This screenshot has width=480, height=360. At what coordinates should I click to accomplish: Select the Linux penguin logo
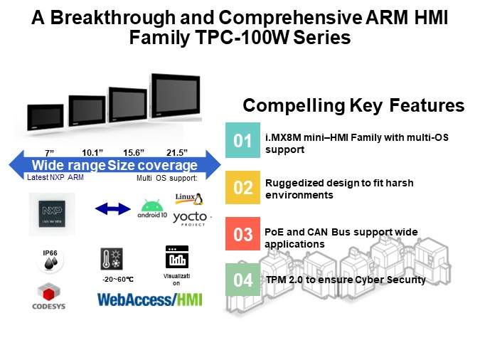tap(185, 198)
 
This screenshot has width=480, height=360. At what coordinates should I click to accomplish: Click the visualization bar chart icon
tap(174, 257)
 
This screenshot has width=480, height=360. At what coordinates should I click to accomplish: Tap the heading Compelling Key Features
tap(353, 106)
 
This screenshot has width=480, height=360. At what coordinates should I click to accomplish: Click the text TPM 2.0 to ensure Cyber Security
tap(346, 280)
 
